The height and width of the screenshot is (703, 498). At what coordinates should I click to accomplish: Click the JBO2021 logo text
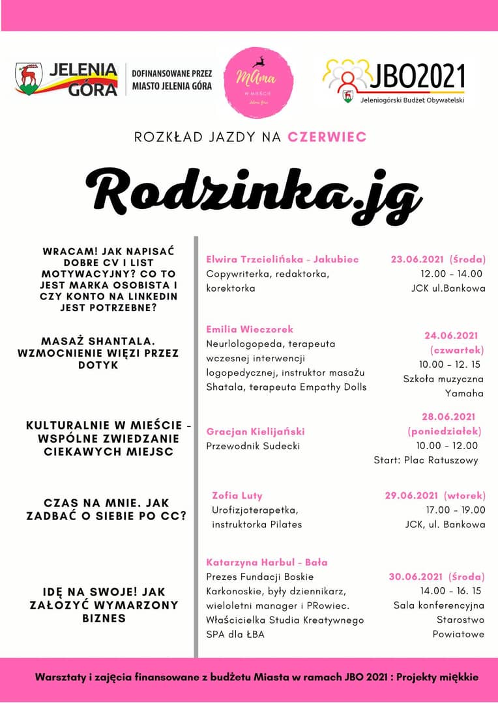(x=417, y=77)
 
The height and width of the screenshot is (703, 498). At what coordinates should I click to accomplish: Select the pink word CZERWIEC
(x=327, y=137)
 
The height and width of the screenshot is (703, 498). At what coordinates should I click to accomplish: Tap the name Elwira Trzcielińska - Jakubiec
(x=282, y=259)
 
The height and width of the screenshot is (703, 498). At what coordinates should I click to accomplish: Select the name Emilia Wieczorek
(x=250, y=329)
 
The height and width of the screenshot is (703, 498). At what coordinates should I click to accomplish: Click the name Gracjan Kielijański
(x=256, y=432)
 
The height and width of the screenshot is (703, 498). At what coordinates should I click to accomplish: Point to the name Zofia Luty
(x=237, y=495)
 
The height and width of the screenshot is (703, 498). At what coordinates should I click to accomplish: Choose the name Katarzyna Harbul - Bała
(x=267, y=562)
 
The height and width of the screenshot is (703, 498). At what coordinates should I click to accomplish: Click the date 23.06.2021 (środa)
(x=438, y=259)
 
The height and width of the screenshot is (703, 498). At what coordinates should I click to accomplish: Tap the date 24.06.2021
(x=451, y=336)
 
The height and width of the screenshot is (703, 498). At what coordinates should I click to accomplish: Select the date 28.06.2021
(x=448, y=417)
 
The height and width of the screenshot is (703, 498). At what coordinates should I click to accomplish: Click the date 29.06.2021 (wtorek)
(x=435, y=495)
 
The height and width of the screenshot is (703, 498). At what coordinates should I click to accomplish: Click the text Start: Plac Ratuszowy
(x=426, y=460)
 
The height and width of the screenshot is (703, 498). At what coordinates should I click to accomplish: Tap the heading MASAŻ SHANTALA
(x=101, y=341)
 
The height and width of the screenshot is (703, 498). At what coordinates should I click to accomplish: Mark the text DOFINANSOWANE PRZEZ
(x=172, y=73)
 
